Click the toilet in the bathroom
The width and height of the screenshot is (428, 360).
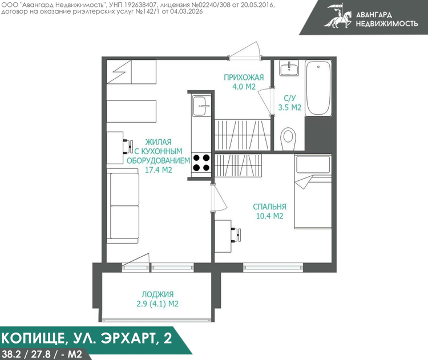point(288,139)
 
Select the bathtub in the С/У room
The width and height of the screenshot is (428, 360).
point(318,88)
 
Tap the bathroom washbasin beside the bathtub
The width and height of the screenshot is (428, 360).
point(289,68)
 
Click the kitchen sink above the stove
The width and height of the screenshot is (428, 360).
point(201,106)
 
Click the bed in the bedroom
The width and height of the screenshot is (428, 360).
point(313,191)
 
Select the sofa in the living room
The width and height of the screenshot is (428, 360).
point(123,205)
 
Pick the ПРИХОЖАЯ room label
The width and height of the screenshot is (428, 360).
point(244,78)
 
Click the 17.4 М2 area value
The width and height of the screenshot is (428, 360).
point(158,170)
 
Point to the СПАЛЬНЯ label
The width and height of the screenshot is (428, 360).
point(269,207)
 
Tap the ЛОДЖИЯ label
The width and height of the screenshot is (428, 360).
point(158,294)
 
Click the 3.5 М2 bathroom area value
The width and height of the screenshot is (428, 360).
point(289,107)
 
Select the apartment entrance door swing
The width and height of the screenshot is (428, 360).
point(245,50)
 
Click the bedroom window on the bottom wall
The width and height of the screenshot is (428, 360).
point(273,267)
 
